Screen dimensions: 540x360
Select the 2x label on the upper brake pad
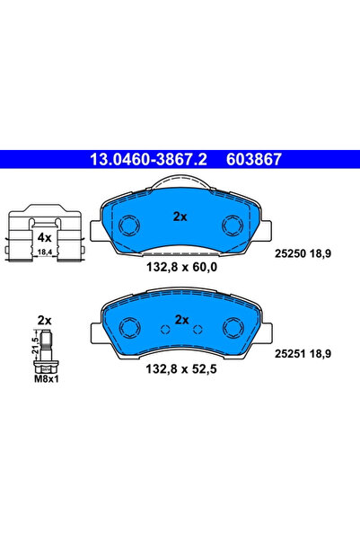coord(179,217)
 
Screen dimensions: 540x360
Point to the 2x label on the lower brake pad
coord(181,319)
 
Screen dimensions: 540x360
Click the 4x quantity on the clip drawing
coord(43,238)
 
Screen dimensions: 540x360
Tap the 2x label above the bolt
coord(44,320)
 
